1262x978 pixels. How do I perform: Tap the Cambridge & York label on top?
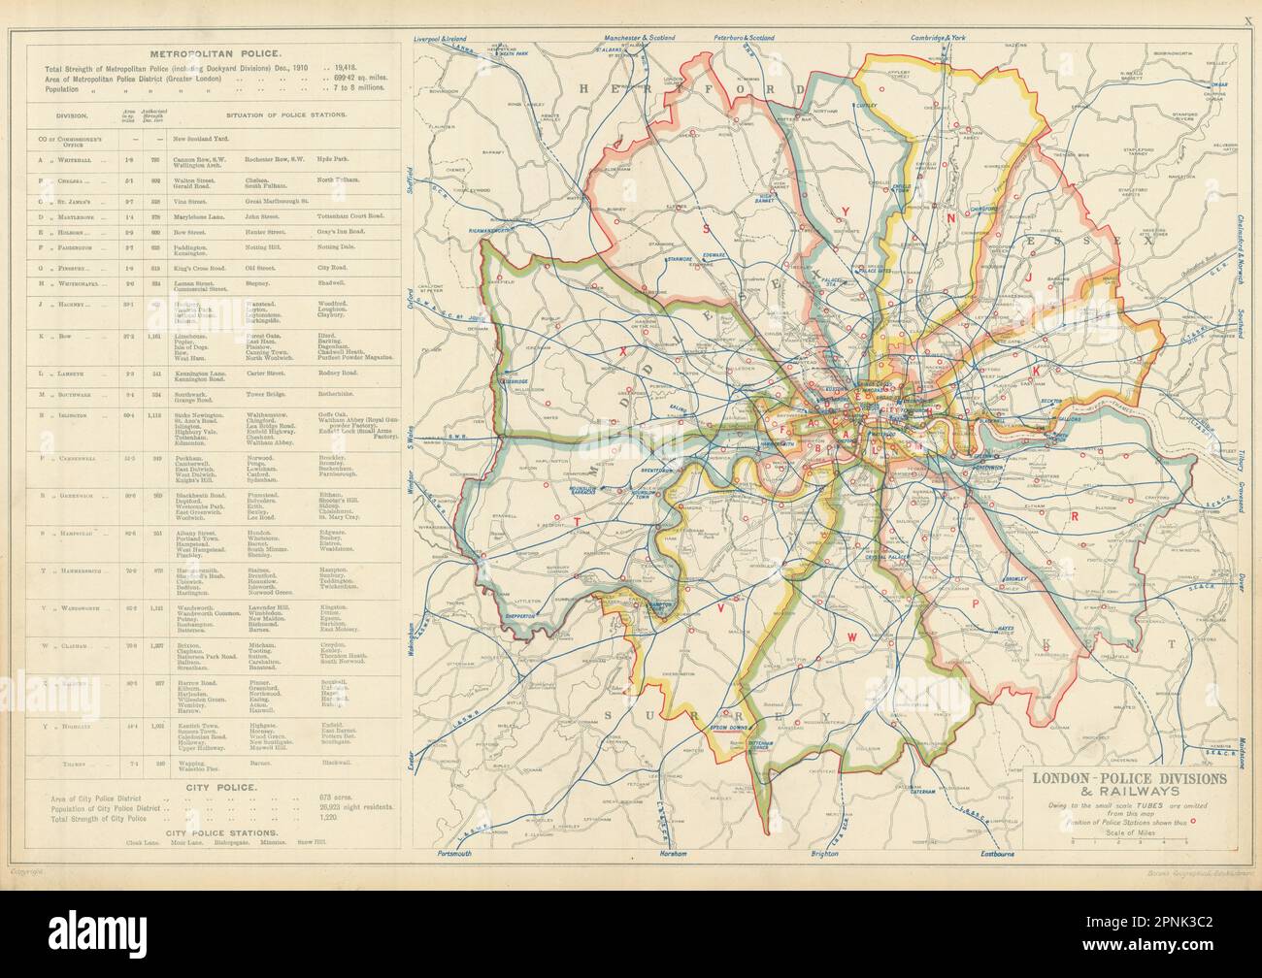pyautogui.click(x=940, y=11)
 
